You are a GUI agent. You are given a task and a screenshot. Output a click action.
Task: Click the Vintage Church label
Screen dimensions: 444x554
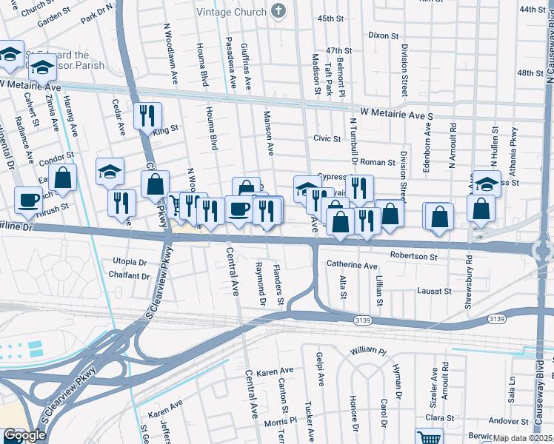coord(230,11)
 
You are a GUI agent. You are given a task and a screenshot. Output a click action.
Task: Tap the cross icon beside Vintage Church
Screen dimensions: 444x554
coord(278,10)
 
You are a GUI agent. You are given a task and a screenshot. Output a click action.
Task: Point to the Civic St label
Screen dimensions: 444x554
coord(327,138)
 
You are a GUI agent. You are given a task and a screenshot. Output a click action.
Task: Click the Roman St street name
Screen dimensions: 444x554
coord(378,161)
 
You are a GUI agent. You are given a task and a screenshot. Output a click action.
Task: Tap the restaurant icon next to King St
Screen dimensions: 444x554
coord(147,115)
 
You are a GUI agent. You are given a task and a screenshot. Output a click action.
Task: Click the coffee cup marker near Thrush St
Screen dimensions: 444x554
coord(29,199)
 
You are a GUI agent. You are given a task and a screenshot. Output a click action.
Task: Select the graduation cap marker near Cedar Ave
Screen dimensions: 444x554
coord(110,172)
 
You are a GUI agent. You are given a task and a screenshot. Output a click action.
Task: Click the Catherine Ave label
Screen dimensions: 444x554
coord(352,265)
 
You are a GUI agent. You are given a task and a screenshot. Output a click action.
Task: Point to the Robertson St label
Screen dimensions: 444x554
coord(413,256)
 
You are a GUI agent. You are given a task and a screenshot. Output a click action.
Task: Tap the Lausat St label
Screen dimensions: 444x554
coord(433,292)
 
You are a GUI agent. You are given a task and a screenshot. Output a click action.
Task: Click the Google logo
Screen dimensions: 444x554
coord(24,436)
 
